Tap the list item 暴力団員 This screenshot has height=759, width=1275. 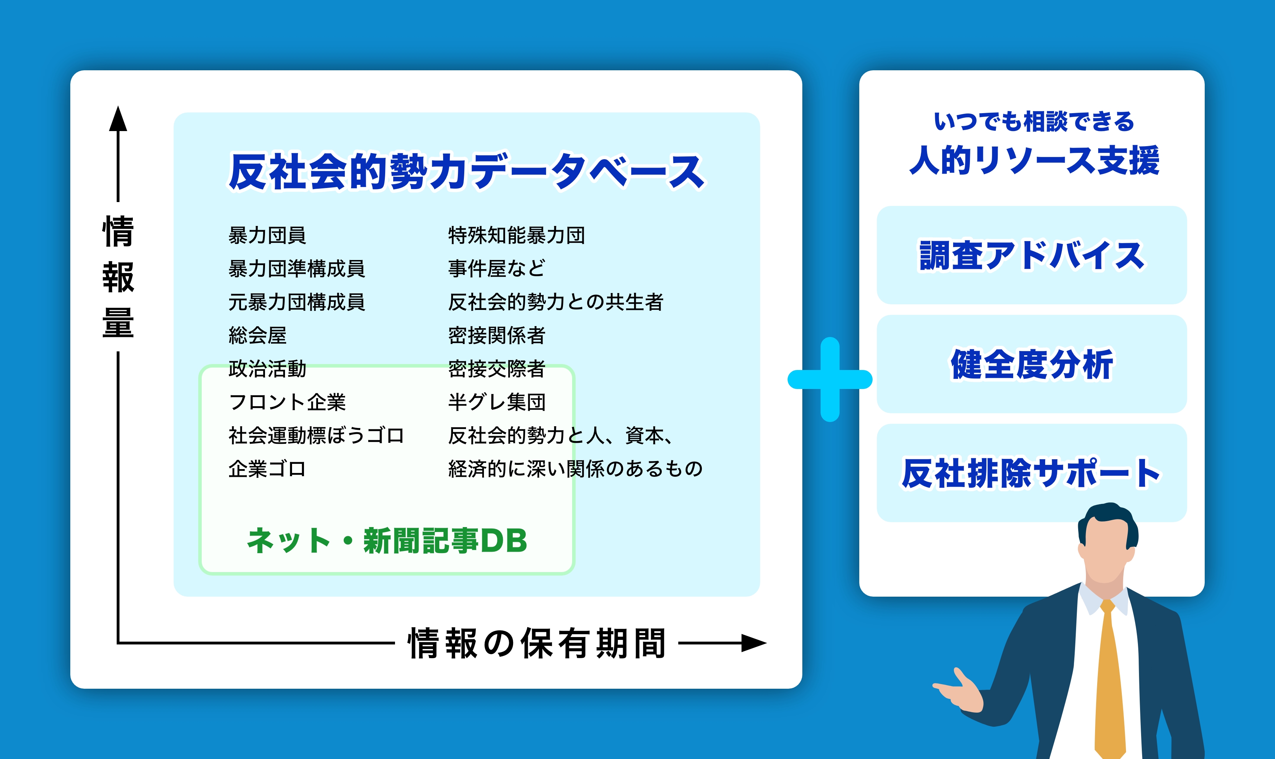267,236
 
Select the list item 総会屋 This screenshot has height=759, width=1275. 257,336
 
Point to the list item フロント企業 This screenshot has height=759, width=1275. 287,402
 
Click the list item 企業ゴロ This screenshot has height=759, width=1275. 267,468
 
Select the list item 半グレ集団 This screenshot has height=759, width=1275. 497,402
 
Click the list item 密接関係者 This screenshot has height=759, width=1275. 497,336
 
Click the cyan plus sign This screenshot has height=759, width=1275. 829,379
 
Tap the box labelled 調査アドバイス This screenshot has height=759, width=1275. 1031,255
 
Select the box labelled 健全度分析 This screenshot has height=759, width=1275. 1031,364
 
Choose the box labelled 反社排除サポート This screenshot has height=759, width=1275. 1031,473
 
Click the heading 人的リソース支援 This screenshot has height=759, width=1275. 1034,161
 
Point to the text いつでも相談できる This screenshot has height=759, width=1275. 1034,122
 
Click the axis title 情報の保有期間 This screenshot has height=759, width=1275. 537,643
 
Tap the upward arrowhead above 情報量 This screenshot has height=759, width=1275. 118,119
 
